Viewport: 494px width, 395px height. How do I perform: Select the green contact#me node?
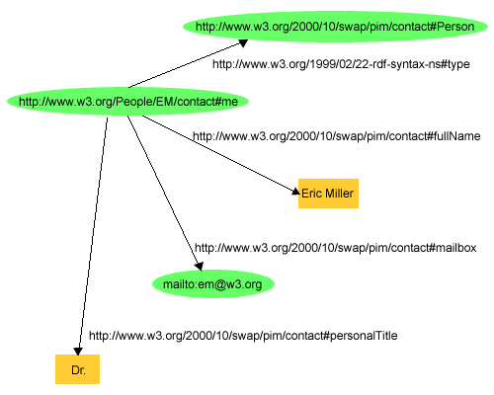pos(126,101)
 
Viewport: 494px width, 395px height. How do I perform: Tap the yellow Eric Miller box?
pos(327,194)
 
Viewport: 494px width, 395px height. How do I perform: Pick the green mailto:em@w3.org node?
pos(212,284)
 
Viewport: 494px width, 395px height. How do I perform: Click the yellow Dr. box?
pos(77,371)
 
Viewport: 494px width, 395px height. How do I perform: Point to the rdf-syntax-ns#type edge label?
pos(342,64)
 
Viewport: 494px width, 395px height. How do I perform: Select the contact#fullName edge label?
pos(336,136)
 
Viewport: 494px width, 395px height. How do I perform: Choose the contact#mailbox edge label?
pos(336,247)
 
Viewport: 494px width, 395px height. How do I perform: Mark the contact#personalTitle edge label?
pos(243,336)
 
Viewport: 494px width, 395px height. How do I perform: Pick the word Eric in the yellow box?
pos(311,194)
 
